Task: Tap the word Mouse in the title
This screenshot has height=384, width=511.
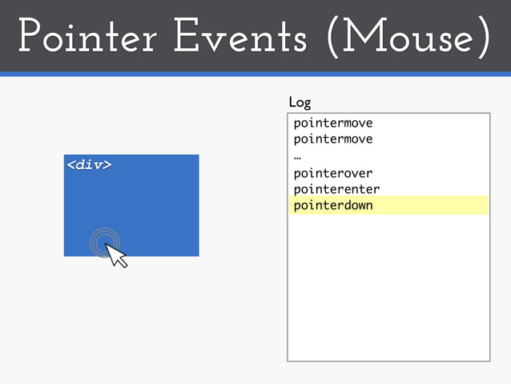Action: pyautogui.click(x=404, y=38)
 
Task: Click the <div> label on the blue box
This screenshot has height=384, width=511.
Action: pyautogui.click(x=88, y=165)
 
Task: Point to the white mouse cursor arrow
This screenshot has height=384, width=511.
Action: pyautogui.click(x=116, y=256)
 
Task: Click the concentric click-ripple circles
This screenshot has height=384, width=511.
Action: pyautogui.click(x=104, y=241)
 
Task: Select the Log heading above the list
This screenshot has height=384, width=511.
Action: pyautogui.click(x=300, y=103)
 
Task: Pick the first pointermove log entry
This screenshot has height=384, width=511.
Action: pyautogui.click(x=333, y=123)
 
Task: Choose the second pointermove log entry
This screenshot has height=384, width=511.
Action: pyautogui.click(x=333, y=139)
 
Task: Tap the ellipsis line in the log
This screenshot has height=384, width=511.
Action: pyautogui.click(x=297, y=156)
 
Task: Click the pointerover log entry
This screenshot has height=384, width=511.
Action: pyautogui.click(x=333, y=173)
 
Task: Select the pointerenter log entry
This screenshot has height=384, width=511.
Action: pyautogui.click(x=336, y=189)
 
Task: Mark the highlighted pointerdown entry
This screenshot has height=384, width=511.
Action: pyautogui.click(x=333, y=206)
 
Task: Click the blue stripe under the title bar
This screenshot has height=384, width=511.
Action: pyautogui.click(x=255, y=74)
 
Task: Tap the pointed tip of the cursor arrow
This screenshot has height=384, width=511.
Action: pyautogui.click(x=107, y=245)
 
